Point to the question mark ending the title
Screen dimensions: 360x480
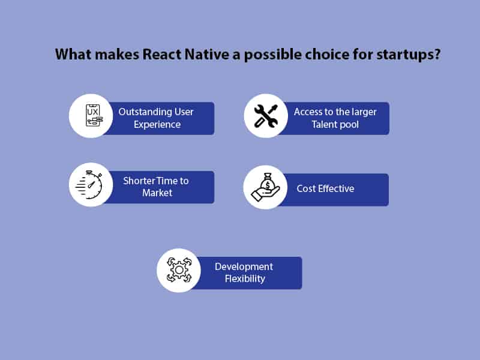coord(437,55)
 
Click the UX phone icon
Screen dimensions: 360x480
coord(91,116)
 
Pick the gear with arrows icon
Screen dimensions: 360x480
coord(179,270)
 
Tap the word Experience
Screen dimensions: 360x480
coord(157,125)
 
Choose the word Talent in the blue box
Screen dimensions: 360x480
coord(325,125)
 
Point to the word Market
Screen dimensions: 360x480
coord(157,193)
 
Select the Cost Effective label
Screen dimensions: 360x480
coord(325,188)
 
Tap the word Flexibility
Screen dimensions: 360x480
coord(244,279)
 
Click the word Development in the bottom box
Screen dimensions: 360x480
coord(244,266)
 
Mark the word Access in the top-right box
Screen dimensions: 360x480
coord(308,112)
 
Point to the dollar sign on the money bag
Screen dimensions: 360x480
coord(268,182)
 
